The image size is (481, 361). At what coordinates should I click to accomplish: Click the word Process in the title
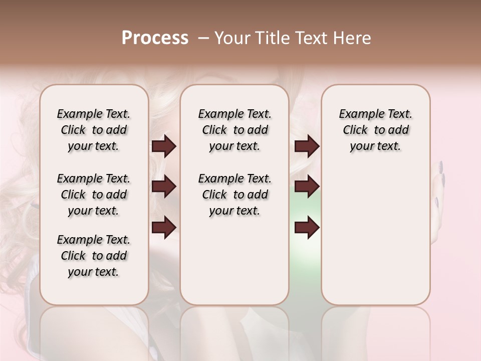tap(155, 38)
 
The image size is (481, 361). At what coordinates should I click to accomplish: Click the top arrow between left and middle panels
tap(164, 146)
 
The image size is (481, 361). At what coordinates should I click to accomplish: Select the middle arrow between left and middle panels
tap(164, 187)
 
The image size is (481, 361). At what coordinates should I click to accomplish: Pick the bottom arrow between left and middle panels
tap(164, 227)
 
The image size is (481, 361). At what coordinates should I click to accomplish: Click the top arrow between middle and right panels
tap(307, 146)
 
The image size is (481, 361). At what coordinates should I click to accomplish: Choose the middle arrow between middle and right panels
tap(307, 187)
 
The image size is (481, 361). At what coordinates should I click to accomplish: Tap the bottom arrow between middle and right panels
tap(307, 227)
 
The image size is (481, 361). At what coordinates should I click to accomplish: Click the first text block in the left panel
tap(94, 130)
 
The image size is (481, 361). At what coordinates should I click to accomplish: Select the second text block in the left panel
tap(94, 195)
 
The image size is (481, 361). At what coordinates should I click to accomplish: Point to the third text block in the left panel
tap(94, 256)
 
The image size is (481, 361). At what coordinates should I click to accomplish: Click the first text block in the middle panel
tap(235, 130)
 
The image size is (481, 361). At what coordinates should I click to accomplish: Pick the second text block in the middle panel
tap(235, 195)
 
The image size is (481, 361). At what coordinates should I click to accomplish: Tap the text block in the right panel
tap(376, 130)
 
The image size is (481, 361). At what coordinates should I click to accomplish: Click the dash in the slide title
tap(203, 38)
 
